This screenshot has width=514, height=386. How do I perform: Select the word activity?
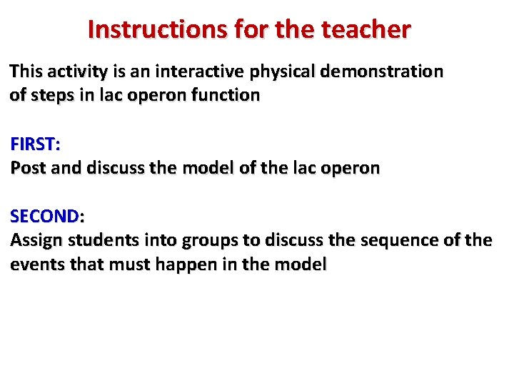78,71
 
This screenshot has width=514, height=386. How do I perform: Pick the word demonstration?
385,71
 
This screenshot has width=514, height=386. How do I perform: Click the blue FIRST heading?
34,144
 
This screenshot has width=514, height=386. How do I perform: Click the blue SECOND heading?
46,217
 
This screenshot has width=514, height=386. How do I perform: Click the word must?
131,264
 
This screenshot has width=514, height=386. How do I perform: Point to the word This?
26,71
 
